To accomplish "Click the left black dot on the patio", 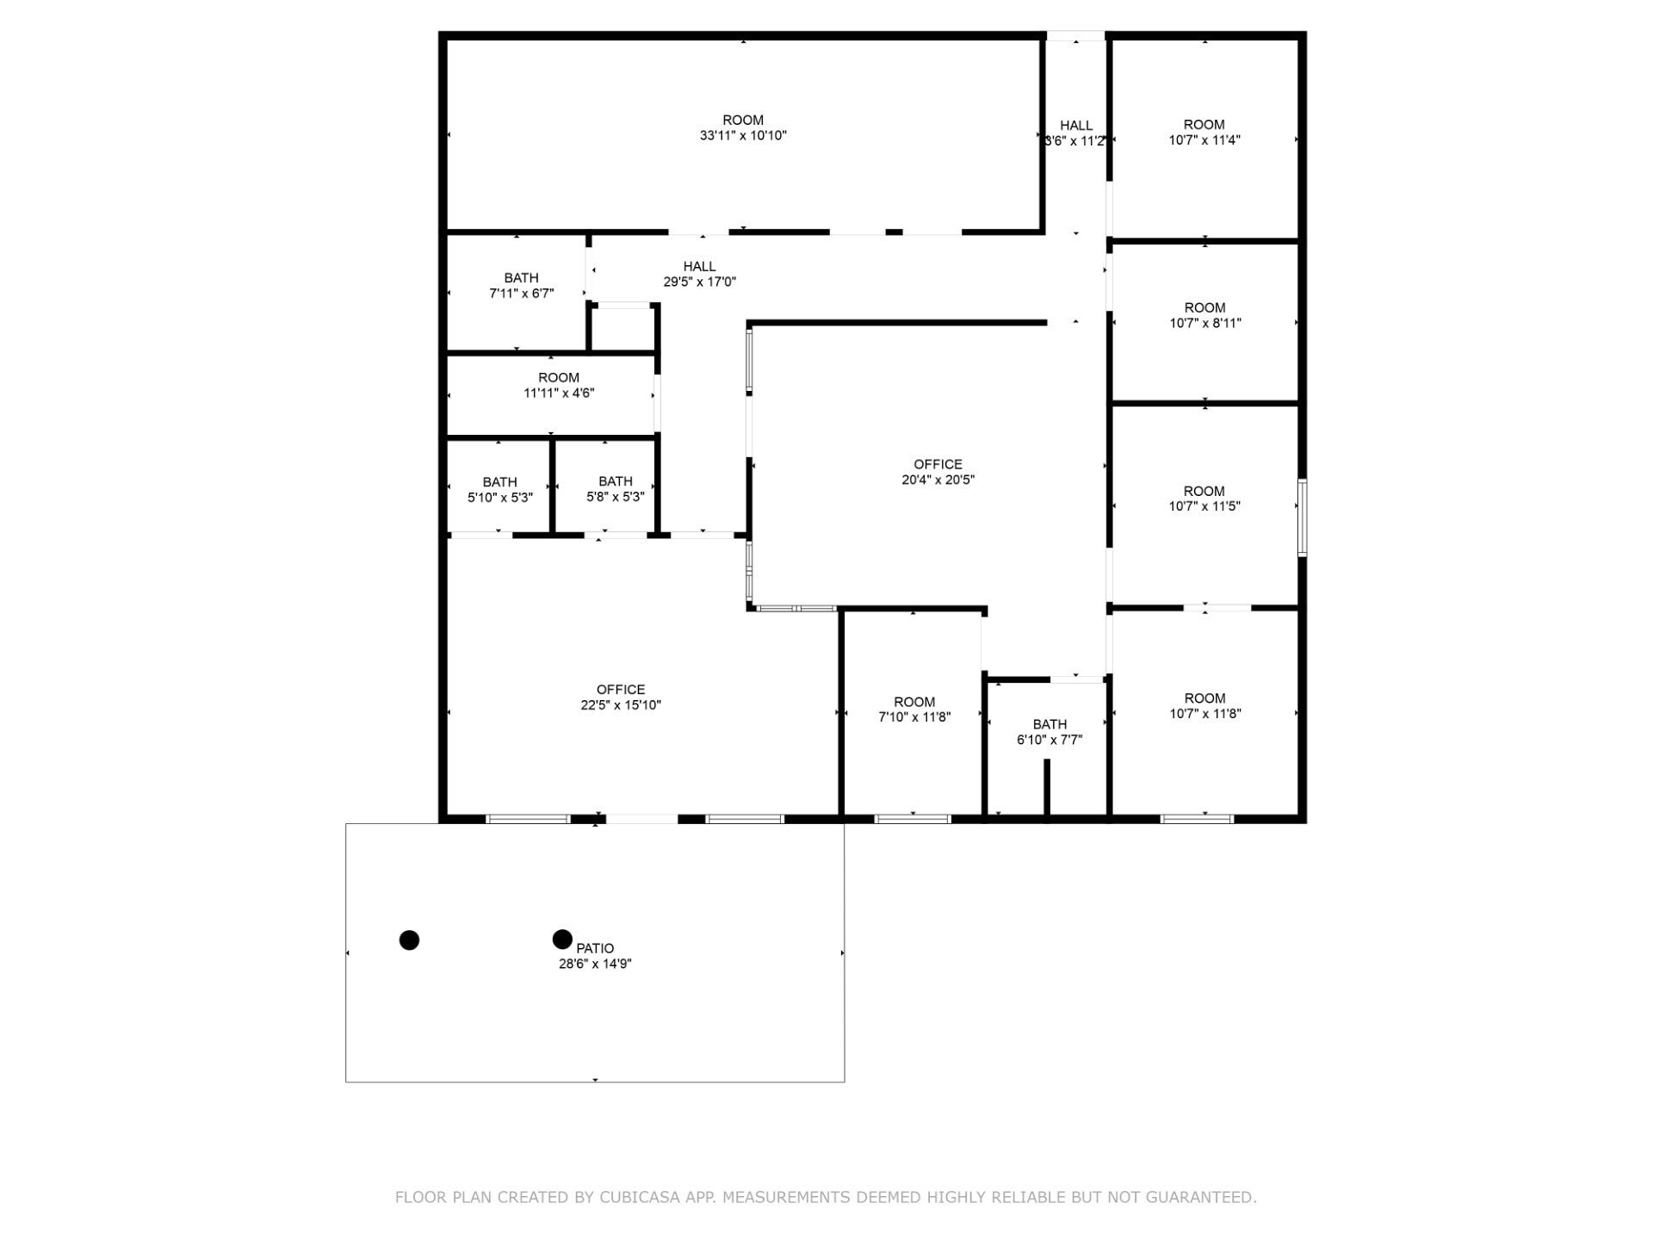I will click(x=410, y=939).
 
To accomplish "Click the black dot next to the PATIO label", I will click(x=562, y=939).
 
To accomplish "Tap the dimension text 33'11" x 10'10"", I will click(x=743, y=136).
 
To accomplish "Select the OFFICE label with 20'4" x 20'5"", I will click(x=938, y=464).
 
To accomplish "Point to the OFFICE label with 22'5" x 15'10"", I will click(x=621, y=690).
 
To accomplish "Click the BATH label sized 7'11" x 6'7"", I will click(x=521, y=278).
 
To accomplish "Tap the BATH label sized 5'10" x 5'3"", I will click(x=499, y=482).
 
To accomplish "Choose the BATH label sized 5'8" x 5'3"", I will click(x=615, y=481).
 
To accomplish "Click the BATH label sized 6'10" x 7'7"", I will click(x=1049, y=724).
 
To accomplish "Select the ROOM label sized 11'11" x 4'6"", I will click(x=559, y=378).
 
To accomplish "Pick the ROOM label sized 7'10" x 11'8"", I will click(x=914, y=702).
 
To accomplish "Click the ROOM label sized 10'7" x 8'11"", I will click(x=1204, y=308).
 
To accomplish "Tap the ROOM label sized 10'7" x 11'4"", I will click(x=1204, y=125).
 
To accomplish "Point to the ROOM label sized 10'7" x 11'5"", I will click(x=1204, y=491).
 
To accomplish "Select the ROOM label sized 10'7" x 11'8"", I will click(x=1204, y=698).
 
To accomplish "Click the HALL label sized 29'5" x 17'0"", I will click(x=699, y=267).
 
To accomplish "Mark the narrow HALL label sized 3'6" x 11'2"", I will click(x=1076, y=126).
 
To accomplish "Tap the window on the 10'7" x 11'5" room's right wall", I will click(x=1303, y=518).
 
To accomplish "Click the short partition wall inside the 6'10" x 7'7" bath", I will click(x=1048, y=787).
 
